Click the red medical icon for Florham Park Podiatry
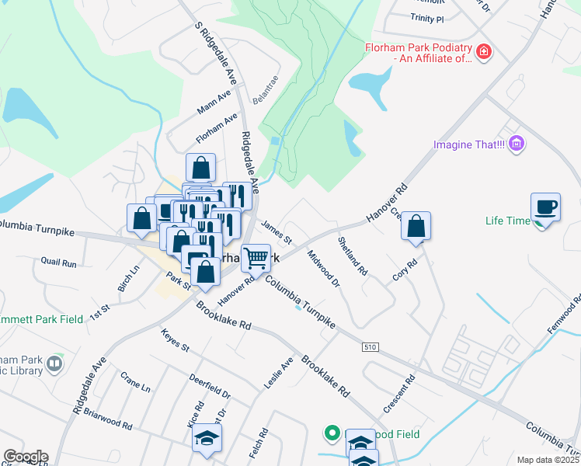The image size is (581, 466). coord(484,52)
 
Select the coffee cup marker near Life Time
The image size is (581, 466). coord(545,208)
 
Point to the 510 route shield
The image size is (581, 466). coord(371,348)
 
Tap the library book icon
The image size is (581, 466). coord(54,363)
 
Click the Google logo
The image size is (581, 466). coord(25,457)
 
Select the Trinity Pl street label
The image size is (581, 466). coord(428,18)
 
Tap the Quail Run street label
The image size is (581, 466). coord(59,263)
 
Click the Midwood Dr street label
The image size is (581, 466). coord(323,268)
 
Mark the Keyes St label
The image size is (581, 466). coord(175,340)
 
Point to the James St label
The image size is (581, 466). coord(277,230)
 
